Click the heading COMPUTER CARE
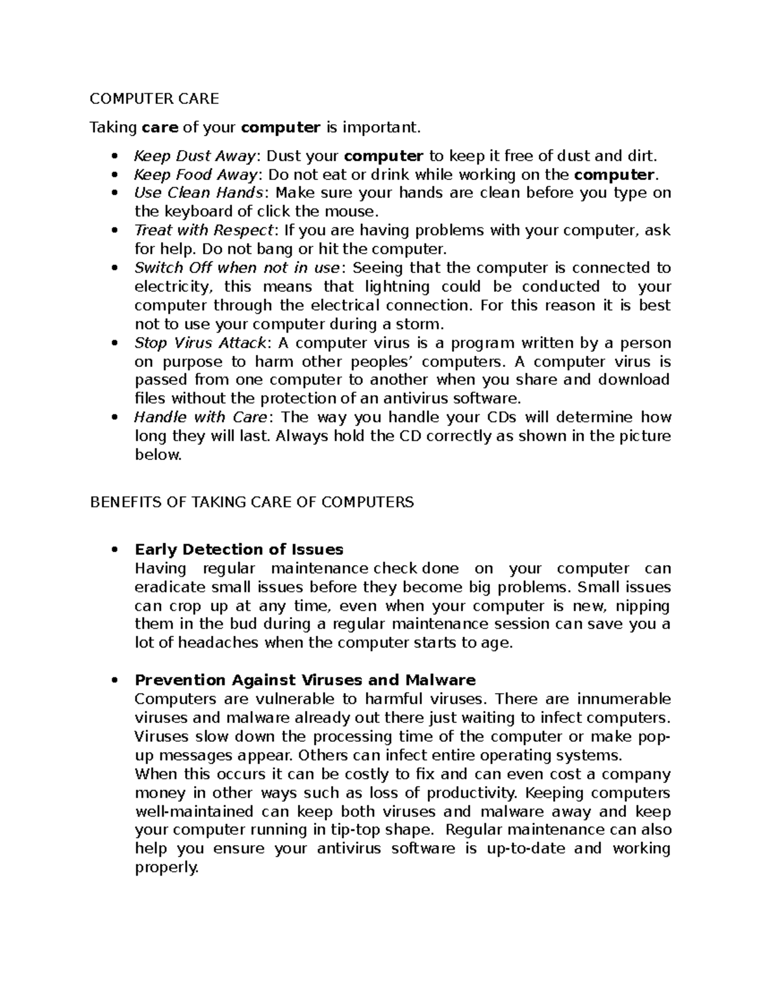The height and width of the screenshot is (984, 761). (153, 98)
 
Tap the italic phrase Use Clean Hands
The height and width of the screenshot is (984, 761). (198, 193)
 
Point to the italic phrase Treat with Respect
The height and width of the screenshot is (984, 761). (204, 230)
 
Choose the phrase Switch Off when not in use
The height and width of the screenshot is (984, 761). (238, 267)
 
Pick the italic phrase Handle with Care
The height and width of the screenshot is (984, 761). (201, 417)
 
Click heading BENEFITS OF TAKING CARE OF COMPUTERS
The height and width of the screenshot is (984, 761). (252, 502)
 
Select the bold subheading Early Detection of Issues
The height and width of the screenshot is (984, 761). (238, 549)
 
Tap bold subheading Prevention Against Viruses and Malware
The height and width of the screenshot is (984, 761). (305, 680)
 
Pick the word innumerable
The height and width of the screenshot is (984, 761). (623, 700)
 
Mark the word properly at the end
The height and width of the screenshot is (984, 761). (166, 868)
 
